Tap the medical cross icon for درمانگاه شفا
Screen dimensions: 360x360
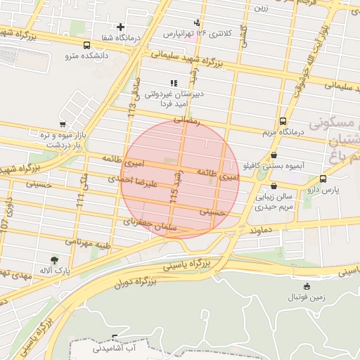point(121,27)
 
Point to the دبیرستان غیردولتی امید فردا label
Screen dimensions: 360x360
point(173,98)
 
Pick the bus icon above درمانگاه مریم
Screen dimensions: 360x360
point(283,120)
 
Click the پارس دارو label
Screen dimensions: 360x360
point(326,189)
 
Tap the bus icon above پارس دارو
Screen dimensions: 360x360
point(323,179)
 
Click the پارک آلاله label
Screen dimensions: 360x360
point(54,270)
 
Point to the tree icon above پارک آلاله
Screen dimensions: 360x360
point(54,259)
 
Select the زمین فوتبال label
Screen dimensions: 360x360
point(306,297)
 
